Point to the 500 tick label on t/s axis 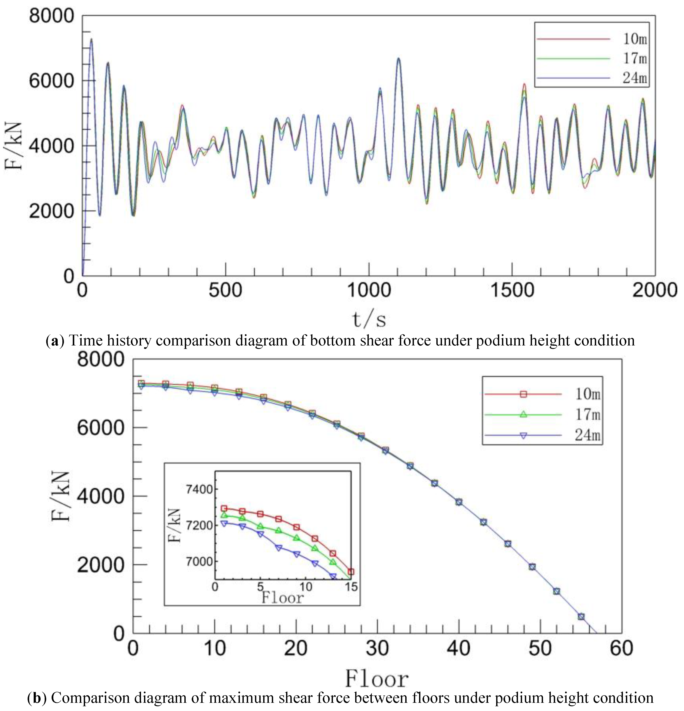point(225,291)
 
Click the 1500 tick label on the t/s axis point(512,291)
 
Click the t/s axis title point(369,319)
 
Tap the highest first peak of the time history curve point(91,39)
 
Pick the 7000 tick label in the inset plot point(199,561)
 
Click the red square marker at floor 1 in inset point(224,509)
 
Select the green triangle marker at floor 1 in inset point(224,515)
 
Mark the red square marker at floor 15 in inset point(351,572)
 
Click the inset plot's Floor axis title point(282,597)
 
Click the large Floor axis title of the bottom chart point(377,679)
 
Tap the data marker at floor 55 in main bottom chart point(581,617)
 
